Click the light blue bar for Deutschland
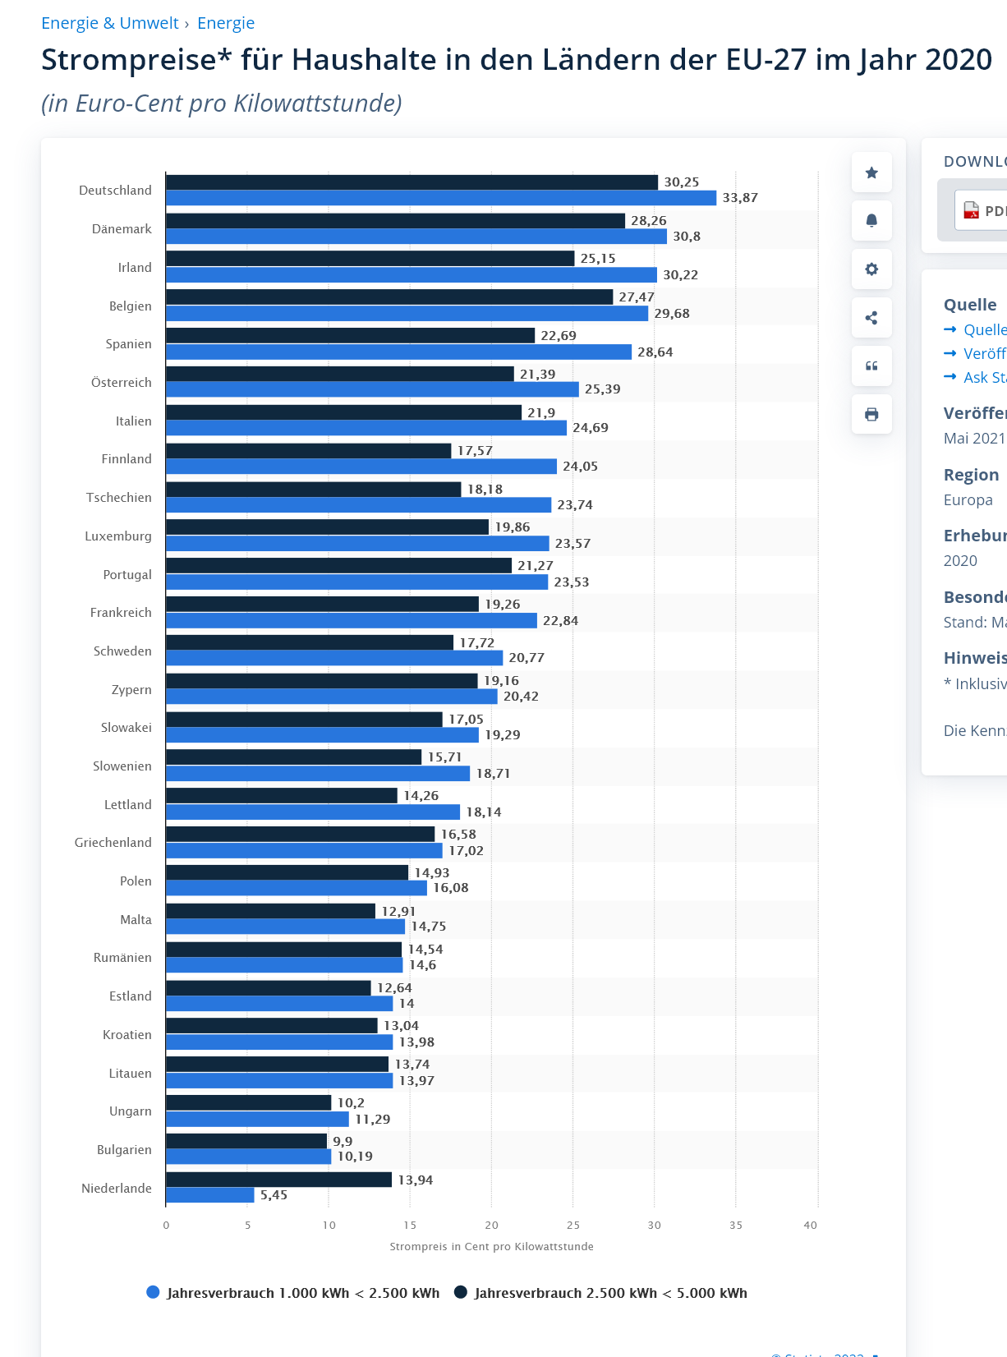(x=441, y=198)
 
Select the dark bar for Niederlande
(x=278, y=1180)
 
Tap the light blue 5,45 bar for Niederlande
(x=210, y=1195)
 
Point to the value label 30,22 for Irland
(x=680, y=275)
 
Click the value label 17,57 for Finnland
(x=475, y=451)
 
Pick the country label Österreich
(x=122, y=383)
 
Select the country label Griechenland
(x=113, y=843)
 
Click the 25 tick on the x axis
(x=572, y=1226)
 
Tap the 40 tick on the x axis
(x=810, y=1226)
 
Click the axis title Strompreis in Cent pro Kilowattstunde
(x=491, y=1247)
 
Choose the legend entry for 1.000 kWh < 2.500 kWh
(x=293, y=1293)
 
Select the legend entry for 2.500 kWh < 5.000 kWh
(x=601, y=1293)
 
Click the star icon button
(x=871, y=172)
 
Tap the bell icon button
(x=871, y=221)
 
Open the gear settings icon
(x=871, y=269)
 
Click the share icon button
(x=871, y=318)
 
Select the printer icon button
(x=871, y=414)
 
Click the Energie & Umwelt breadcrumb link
(x=109, y=23)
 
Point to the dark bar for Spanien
(x=350, y=336)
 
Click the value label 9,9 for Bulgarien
(x=343, y=1142)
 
